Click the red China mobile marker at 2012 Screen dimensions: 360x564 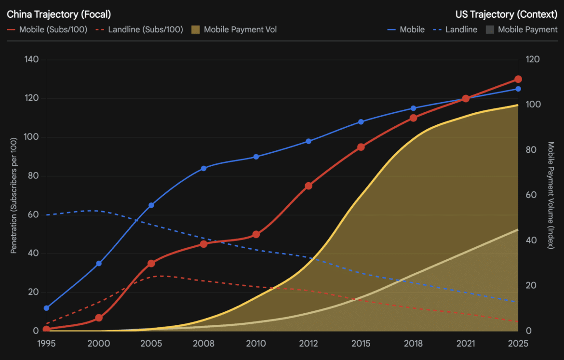tap(309, 186)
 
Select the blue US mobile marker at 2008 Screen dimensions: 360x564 tap(203, 168)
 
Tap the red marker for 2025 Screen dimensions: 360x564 tap(518, 79)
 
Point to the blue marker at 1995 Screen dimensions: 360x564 tap(46, 308)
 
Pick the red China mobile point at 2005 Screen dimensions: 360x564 tap(151, 264)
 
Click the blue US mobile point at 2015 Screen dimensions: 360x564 tap(361, 121)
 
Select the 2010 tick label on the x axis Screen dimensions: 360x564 tap(256, 344)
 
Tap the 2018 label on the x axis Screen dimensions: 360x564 tap(413, 344)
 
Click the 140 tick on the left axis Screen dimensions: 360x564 tap(32, 60)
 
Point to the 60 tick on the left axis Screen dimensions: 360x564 tap(34, 214)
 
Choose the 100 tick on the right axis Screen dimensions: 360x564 tap(533, 105)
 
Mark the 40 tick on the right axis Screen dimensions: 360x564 tap(531, 240)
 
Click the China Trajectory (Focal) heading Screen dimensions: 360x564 tap(59, 14)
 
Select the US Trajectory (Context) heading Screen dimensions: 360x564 tap(506, 14)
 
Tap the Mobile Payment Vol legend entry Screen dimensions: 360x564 tap(234, 29)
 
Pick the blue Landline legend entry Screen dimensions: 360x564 tap(456, 29)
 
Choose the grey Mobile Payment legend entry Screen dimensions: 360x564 tap(522, 29)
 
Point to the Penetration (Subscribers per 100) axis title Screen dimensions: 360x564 tap(13, 195)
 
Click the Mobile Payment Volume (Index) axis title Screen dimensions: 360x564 tap(551, 195)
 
